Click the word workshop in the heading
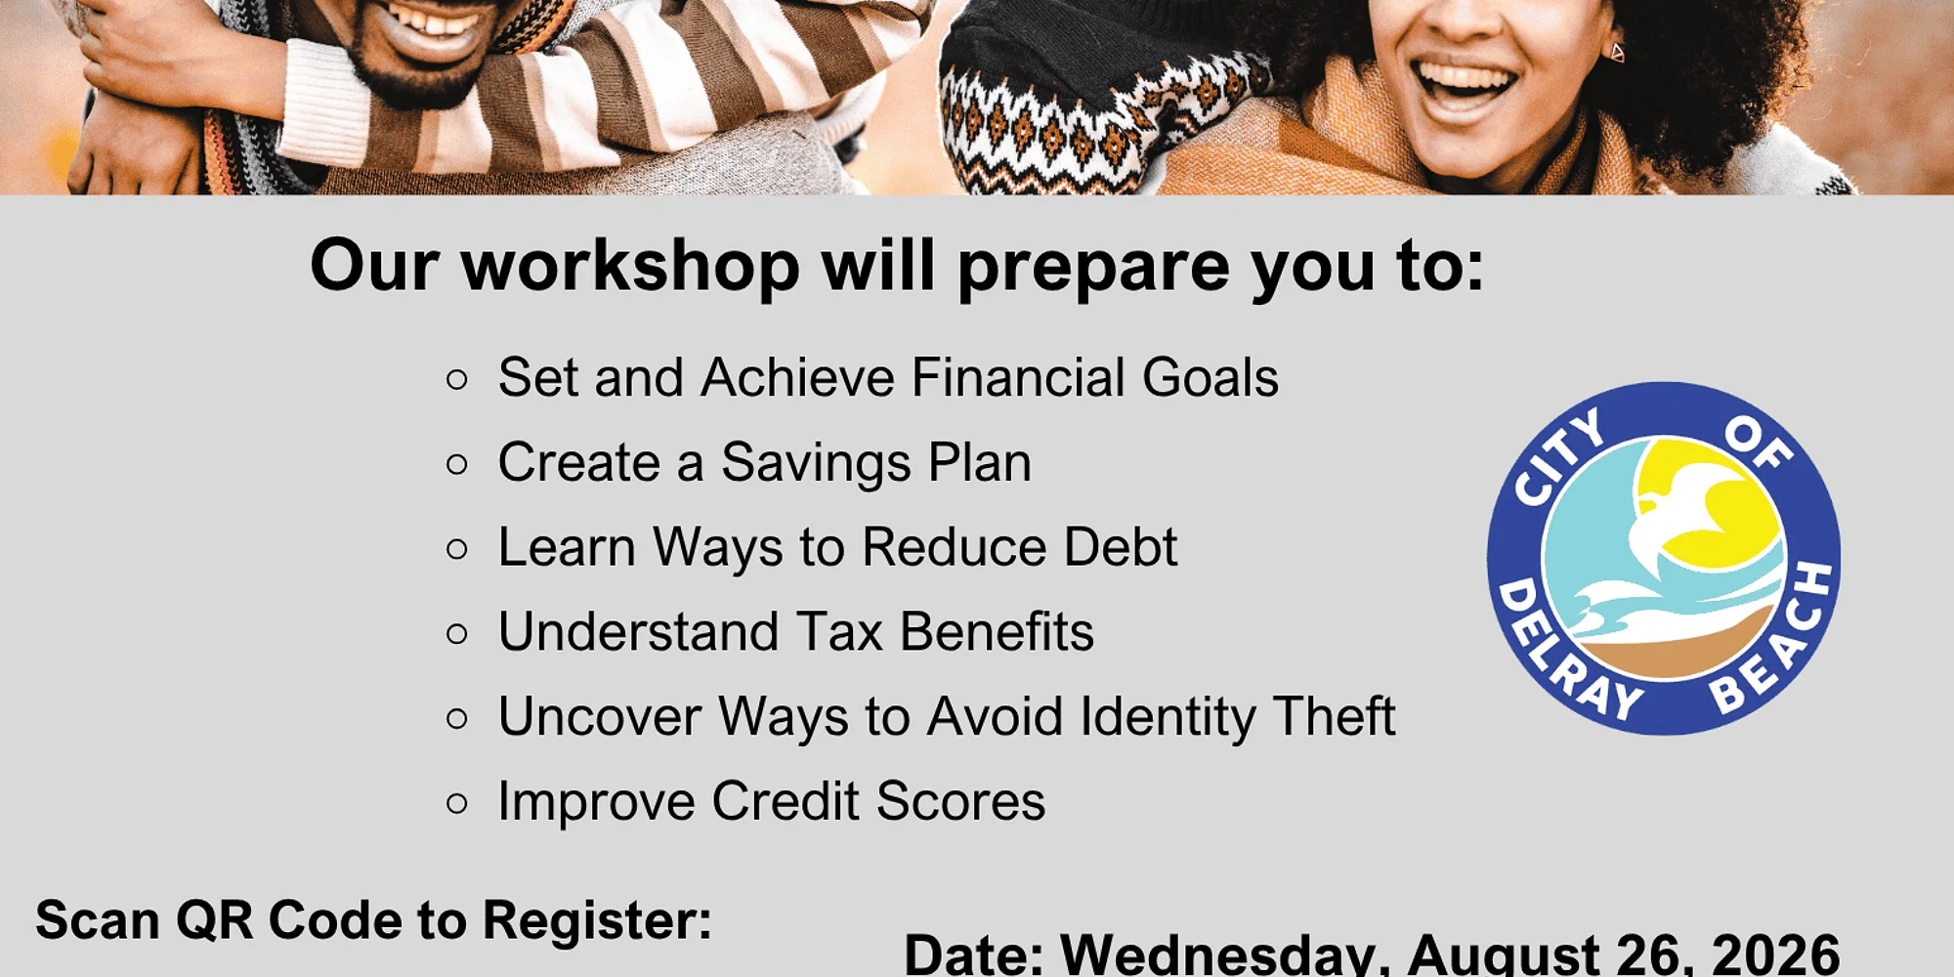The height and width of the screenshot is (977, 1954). [630, 266]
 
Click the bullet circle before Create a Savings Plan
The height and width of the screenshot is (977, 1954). [456, 464]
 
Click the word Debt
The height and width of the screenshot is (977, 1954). [1121, 546]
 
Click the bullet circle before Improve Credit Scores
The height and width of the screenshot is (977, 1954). [456, 803]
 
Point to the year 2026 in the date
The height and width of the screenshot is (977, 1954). [1776, 954]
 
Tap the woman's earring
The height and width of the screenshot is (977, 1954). [1617, 52]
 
